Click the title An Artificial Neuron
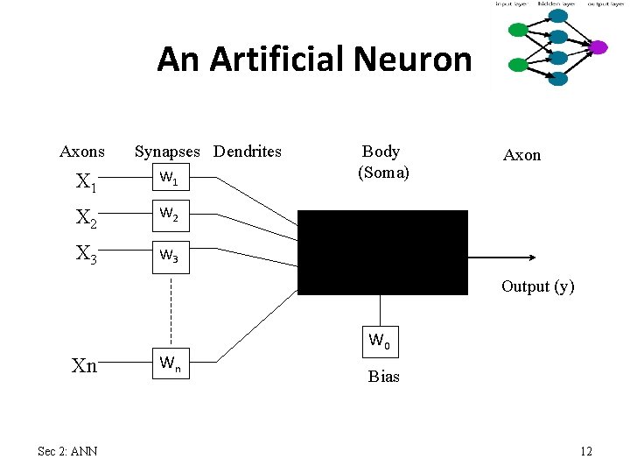[314, 60]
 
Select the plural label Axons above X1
[82, 152]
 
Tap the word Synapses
[170, 152]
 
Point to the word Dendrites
[248, 152]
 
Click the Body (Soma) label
[382, 162]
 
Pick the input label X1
[86, 182]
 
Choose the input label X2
[86, 217]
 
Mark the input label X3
[86, 254]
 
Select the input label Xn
[84, 366]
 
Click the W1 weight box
[170, 180]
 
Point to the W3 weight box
[170, 257]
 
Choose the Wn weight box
[170, 362]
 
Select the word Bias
[383, 377]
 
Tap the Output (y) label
[537, 286]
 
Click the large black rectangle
[383, 252]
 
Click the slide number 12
[585, 451]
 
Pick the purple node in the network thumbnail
[598, 47]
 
